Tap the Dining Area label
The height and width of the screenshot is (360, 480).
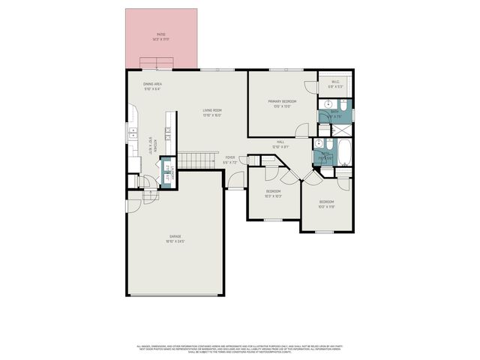point(153,85)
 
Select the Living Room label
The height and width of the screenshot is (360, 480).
point(212,112)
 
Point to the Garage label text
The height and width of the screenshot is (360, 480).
point(175,238)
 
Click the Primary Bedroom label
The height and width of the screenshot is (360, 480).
point(283,103)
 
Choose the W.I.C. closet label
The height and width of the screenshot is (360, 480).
point(334,83)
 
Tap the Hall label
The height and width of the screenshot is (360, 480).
point(280,144)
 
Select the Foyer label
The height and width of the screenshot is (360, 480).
point(230,160)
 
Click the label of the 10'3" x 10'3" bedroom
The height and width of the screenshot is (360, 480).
point(273,193)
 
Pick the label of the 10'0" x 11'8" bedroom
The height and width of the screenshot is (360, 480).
point(326,204)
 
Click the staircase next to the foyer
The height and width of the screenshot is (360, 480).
point(199,160)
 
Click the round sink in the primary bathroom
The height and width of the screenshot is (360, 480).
point(327,105)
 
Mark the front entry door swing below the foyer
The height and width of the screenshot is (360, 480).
point(236,180)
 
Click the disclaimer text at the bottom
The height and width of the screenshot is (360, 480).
point(240,348)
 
